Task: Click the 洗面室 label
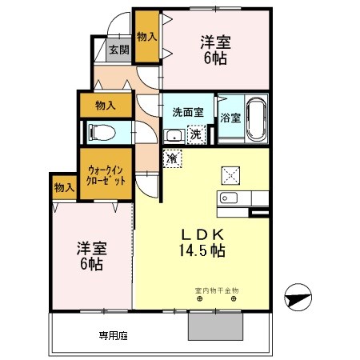click(x=188, y=112)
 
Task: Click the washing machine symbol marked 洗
click(x=196, y=135)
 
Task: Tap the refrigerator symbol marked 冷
click(x=171, y=158)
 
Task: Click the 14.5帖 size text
click(x=204, y=251)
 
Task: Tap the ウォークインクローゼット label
click(x=106, y=174)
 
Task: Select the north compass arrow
click(x=297, y=298)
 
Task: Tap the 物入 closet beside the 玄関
click(x=146, y=37)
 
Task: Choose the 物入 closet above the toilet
click(x=106, y=105)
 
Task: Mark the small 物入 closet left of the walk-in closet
click(x=64, y=187)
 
